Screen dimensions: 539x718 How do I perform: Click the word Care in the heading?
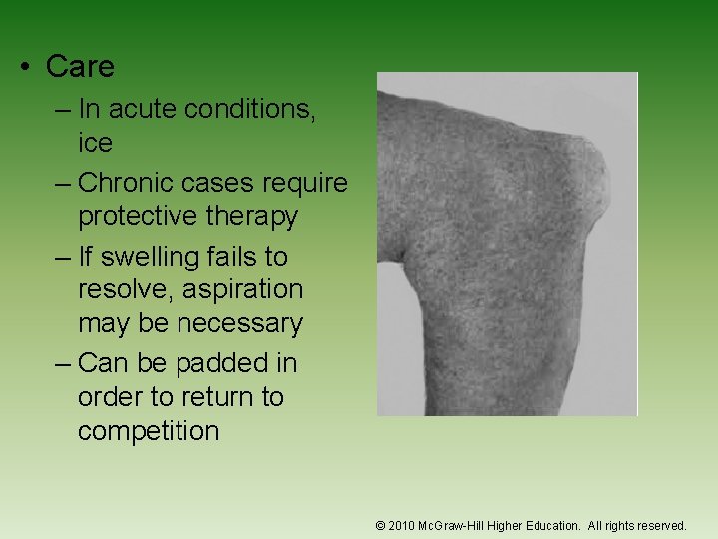80,67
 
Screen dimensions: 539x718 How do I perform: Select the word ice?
95,143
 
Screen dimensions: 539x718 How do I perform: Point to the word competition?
149,431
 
